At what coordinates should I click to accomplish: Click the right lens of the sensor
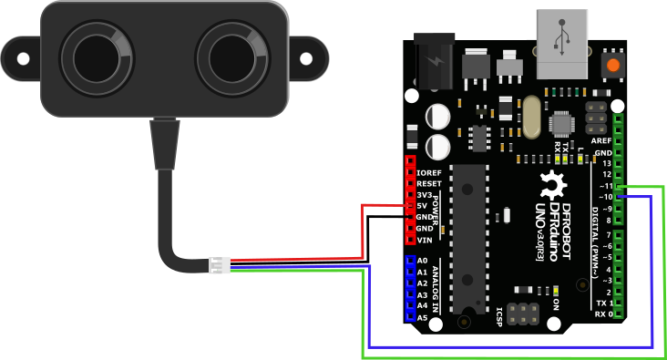coord(232,55)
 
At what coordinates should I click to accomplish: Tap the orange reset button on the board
coord(613,66)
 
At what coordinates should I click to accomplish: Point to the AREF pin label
coord(601,141)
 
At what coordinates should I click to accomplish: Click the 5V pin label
coord(423,206)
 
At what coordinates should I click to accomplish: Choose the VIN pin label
coord(424,240)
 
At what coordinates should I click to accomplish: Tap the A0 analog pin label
coord(422,261)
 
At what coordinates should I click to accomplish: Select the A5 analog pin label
coord(422,317)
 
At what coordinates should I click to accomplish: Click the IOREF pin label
coord(428,172)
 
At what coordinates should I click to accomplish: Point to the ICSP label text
coord(500,316)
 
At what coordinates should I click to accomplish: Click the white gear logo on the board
coord(551,183)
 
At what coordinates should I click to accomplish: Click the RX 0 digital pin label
coord(603,314)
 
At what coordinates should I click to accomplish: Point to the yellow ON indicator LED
coord(556,292)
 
